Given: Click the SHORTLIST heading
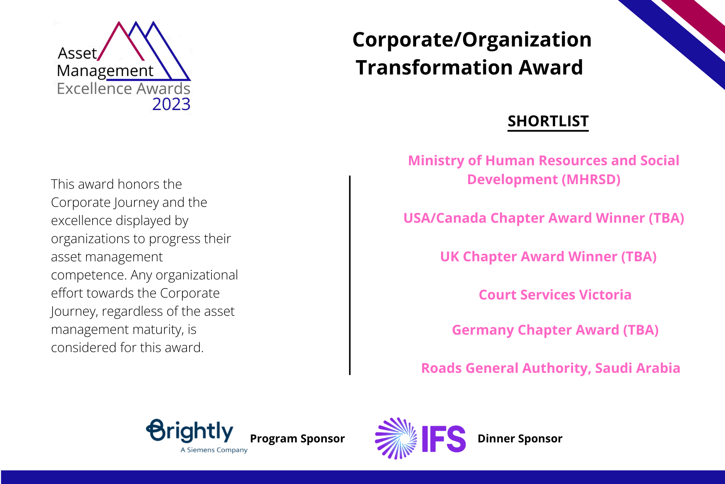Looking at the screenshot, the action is tap(548, 121).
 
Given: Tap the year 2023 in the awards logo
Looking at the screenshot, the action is tap(171, 104).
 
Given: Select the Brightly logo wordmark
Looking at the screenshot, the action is tap(190, 431).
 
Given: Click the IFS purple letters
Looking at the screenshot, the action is tap(444, 439).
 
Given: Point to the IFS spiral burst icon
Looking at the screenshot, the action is tap(396, 438).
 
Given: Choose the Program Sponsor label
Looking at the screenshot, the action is tap(297, 439).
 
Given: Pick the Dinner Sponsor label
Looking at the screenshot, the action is tap(520, 439).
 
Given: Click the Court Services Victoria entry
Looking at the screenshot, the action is tap(555, 295).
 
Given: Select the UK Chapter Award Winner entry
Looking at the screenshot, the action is tap(548, 257).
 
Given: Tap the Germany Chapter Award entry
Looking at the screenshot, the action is tap(555, 330).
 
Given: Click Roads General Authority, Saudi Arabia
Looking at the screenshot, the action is tap(551, 368).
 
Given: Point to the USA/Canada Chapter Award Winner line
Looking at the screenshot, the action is tap(544, 218).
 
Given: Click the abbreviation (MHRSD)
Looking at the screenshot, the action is tap(591, 180).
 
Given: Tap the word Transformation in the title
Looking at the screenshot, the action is tap(434, 67).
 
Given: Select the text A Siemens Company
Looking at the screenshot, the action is tap(214, 450).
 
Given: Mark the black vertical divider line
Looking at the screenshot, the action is tap(350, 275).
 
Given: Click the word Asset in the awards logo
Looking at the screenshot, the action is tap(77, 53).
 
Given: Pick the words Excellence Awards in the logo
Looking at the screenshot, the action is tap(123, 88).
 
